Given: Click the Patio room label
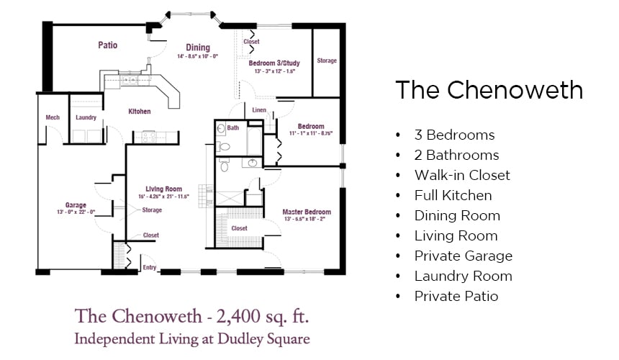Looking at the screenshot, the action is (108, 45).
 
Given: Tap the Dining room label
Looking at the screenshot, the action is (198, 48).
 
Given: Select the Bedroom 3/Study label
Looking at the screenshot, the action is (274, 63).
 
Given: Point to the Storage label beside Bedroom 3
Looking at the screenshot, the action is (327, 60).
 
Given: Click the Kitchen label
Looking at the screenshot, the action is (140, 112).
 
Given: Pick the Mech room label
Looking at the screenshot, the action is (53, 117).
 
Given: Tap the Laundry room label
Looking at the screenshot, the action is (86, 117).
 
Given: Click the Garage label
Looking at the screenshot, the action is (76, 205).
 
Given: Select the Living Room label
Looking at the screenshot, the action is (164, 189).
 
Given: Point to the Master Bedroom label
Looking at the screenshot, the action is (307, 212).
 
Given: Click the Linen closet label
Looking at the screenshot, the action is (259, 109).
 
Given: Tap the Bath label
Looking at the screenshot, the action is (233, 127).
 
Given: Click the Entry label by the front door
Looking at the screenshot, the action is (149, 267).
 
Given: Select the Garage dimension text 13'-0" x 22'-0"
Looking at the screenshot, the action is (76, 212).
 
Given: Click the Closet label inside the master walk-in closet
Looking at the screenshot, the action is (239, 228).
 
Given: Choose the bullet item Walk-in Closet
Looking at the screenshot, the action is (462, 175).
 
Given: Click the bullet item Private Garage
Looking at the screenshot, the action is (464, 256).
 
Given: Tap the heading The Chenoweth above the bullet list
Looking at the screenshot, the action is (489, 90).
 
